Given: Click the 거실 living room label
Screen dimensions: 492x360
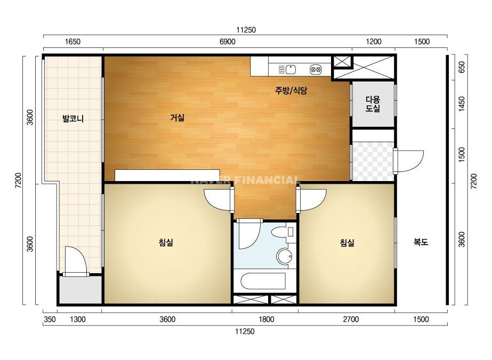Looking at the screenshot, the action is pyautogui.click(x=178, y=118).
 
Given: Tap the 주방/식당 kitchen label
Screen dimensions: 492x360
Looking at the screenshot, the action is pyautogui.click(x=291, y=91).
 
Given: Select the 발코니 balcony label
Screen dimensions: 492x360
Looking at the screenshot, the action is pyautogui.click(x=73, y=119).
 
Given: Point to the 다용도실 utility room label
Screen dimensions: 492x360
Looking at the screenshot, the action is pyautogui.click(x=373, y=104).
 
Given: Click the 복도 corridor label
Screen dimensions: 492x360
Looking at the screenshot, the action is pyautogui.click(x=421, y=242).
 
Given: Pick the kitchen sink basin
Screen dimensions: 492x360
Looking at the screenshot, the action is pyautogui.click(x=291, y=69).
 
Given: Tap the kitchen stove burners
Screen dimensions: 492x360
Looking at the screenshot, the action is pyautogui.click(x=316, y=69).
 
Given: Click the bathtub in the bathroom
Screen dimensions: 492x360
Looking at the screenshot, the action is pyautogui.click(x=263, y=281).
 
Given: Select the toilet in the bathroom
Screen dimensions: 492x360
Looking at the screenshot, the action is pyautogui.click(x=283, y=232).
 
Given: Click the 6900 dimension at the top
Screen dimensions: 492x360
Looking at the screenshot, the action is pyautogui.click(x=227, y=42).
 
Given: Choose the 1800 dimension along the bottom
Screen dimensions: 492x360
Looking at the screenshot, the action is pyautogui.click(x=266, y=320).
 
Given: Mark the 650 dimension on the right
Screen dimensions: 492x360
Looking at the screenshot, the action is pyautogui.click(x=462, y=67).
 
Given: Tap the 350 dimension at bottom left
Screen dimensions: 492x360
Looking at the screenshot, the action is pyautogui.click(x=50, y=320).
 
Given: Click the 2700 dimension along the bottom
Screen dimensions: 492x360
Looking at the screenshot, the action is pyautogui.click(x=351, y=320).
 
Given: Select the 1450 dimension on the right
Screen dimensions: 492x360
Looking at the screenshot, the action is pyautogui.click(x=462, y=103).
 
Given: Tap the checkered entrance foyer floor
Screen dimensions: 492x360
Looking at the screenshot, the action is pyautogui.click(x=373, y=161).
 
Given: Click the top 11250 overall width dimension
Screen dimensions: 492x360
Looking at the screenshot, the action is pyautogui.click(x=246, y=30).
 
